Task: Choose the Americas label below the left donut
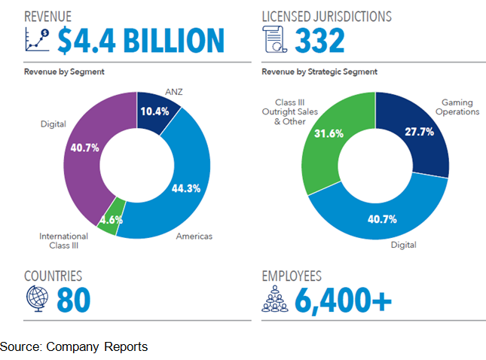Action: (193, 236)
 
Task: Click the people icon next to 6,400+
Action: (276, 299)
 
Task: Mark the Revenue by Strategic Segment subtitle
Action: (319, 72)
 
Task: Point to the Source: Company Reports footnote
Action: (74, 346)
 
